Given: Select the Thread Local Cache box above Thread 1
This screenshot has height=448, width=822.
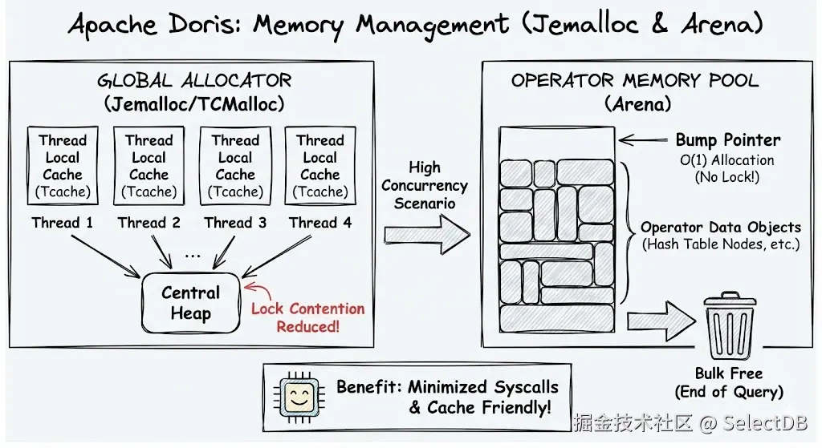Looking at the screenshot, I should coord(63,166).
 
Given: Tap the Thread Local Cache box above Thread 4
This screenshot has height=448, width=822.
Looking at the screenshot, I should coord(320,166).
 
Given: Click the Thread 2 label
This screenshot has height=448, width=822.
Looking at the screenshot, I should coord(149,223).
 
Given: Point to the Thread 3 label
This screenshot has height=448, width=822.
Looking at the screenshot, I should coord(234,223).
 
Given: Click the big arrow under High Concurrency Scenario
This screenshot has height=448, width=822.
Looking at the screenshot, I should coord(425,234).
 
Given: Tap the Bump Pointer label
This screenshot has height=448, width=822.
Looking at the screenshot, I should coord(727,139).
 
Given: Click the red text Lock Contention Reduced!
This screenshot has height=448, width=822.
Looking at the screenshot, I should coord(307,317).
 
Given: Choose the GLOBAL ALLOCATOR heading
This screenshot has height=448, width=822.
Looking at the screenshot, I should coord(194,81).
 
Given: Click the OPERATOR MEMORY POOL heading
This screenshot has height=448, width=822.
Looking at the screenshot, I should coord(635,81).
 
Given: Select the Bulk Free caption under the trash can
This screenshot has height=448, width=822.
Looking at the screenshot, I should coord(729,382).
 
